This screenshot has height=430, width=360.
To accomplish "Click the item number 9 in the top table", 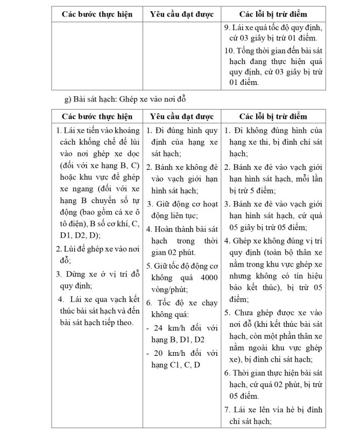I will pyautogui.click(x=227, y=27).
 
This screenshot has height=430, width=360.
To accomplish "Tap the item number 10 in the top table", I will pyautogui.click(x=228, y=50).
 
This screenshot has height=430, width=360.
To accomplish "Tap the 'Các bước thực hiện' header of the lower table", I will pyautogui.click(x=96, y=117).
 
